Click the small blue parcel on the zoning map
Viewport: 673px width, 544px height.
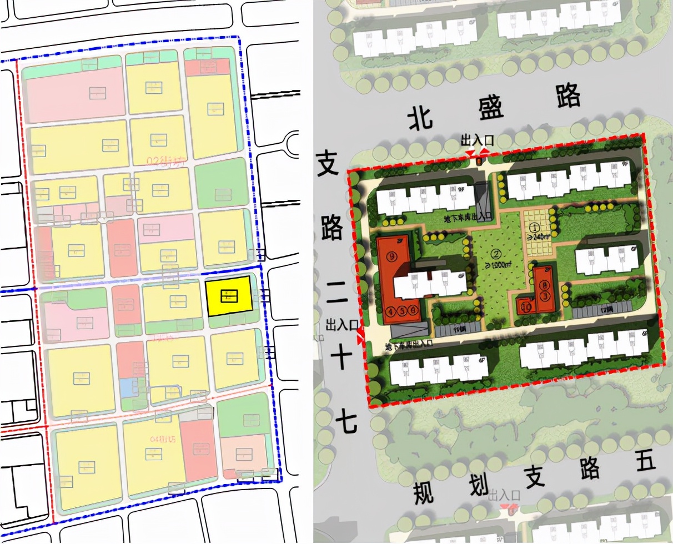[x=127, y=387]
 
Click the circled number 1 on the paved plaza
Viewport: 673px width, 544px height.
[x=535, y=227]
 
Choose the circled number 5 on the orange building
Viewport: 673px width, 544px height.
[x=402, y=311]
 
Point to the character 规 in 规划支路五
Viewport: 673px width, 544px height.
[x=423, y=493]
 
